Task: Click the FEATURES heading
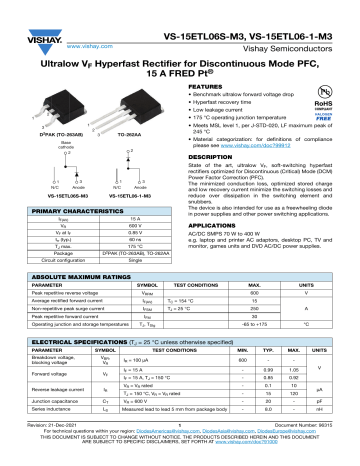(206, 88)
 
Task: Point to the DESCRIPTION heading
(212, 157)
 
